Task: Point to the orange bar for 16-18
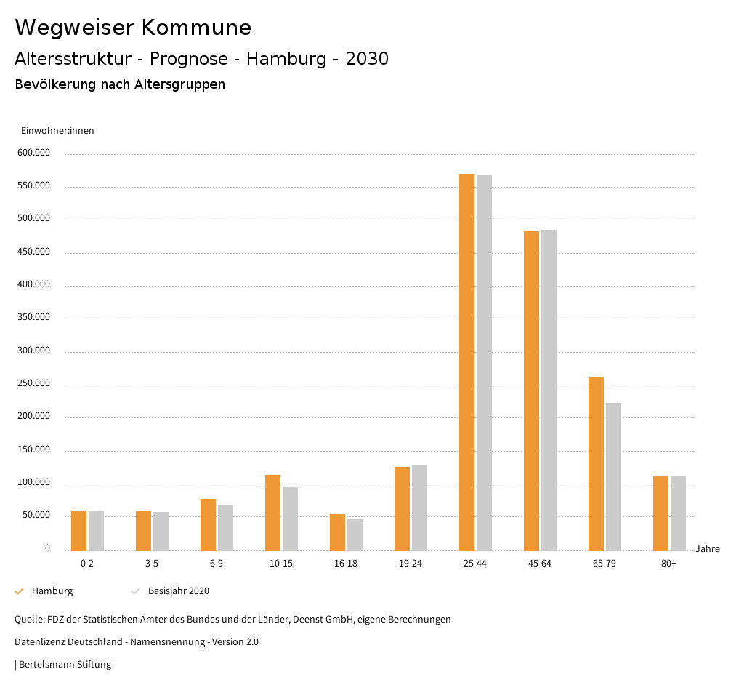click(337, 532)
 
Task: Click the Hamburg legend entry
click(52, 591)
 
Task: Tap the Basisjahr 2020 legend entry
click(178, 591)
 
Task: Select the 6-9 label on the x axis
click(217, 564)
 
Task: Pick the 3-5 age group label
click(152, 564)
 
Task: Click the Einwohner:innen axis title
click(57, 131)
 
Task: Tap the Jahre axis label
click(708, 549)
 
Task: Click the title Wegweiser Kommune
click(133, 28)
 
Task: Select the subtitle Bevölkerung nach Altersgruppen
click(120, 84)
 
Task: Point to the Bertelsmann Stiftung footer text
click(63, 665)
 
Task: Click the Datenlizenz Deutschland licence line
click(137, 642)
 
